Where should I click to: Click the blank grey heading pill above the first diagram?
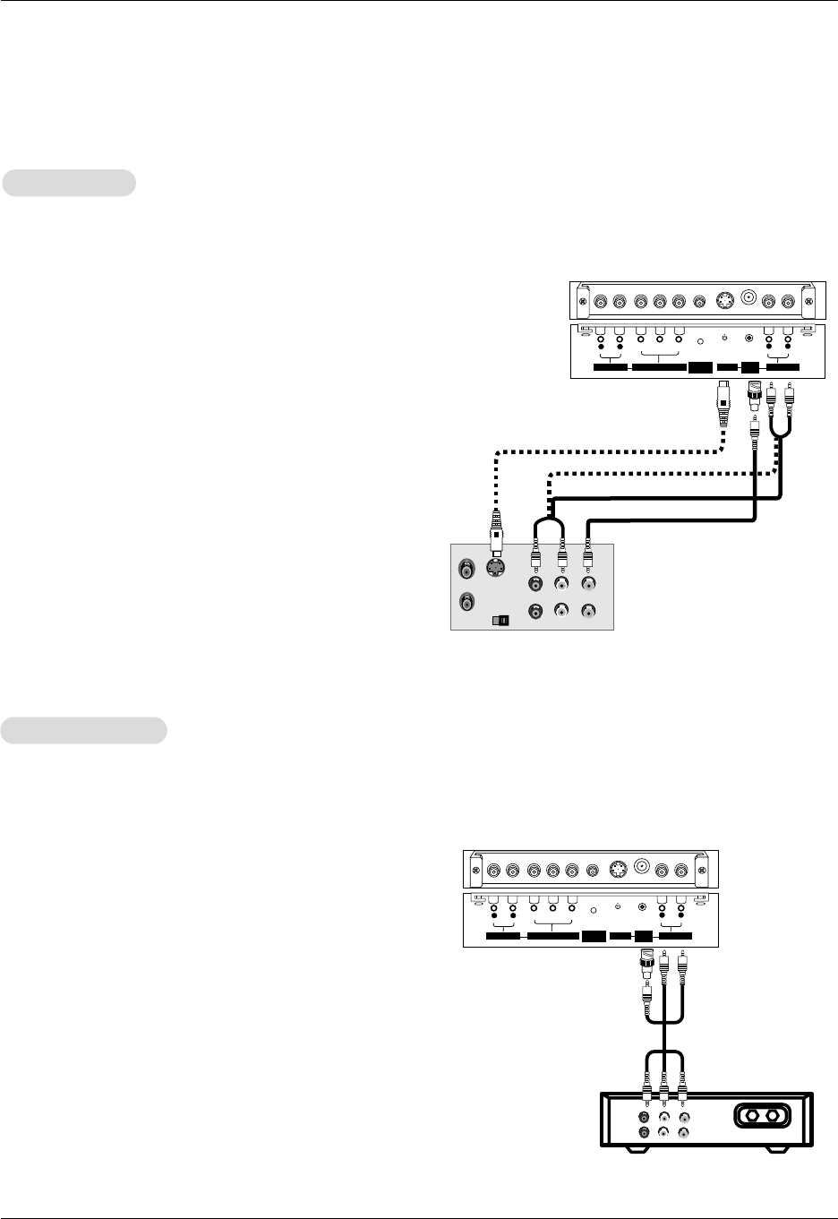tap(69, 183)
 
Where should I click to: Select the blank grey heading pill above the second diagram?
tap(84, 730)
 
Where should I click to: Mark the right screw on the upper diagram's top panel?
tap(811, 303)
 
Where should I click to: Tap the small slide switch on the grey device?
tap(500, 620)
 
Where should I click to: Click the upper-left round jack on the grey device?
tap(466, 568)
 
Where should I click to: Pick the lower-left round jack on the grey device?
tap(466, 603)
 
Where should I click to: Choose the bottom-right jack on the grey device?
tap(588, 612)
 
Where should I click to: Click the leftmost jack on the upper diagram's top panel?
tap(599, 301)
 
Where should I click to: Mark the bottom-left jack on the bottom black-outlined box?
tap(644, 1133)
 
